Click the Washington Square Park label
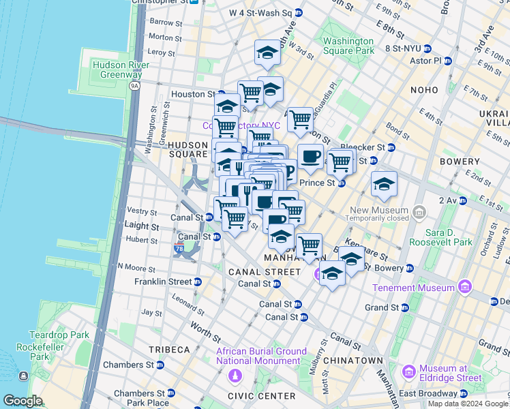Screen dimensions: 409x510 click(348, 46)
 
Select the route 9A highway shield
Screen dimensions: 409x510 click(134, 85)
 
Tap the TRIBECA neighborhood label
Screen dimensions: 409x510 click(170, 349)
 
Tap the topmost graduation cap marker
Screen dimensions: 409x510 click(268, 52)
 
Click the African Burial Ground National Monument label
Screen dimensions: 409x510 click(262, 357)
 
